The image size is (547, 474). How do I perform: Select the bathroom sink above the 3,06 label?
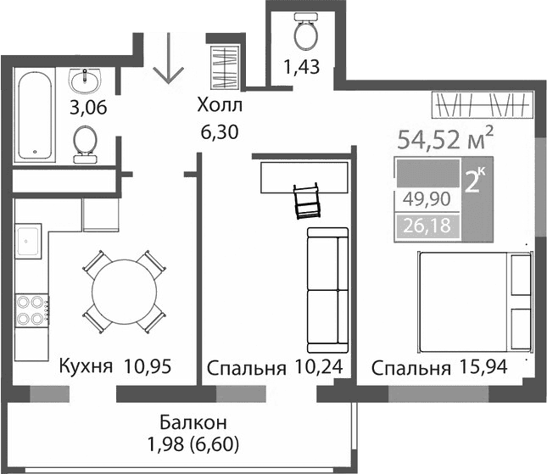coord(85,81)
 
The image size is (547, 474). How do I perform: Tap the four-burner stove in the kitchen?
coord(31,309)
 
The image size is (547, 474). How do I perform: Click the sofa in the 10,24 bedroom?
coord(327,291)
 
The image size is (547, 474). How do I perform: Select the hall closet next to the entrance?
coord(226,67)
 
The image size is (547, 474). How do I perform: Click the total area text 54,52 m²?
coord(445,139)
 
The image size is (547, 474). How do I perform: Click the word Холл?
coord(219,106)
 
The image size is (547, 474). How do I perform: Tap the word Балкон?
coord(190,421)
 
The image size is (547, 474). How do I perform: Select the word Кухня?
coord(86,367)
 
